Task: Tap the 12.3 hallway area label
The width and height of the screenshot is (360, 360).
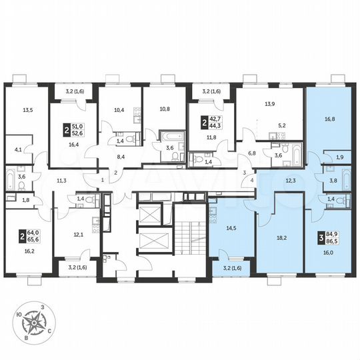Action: point(290,181)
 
